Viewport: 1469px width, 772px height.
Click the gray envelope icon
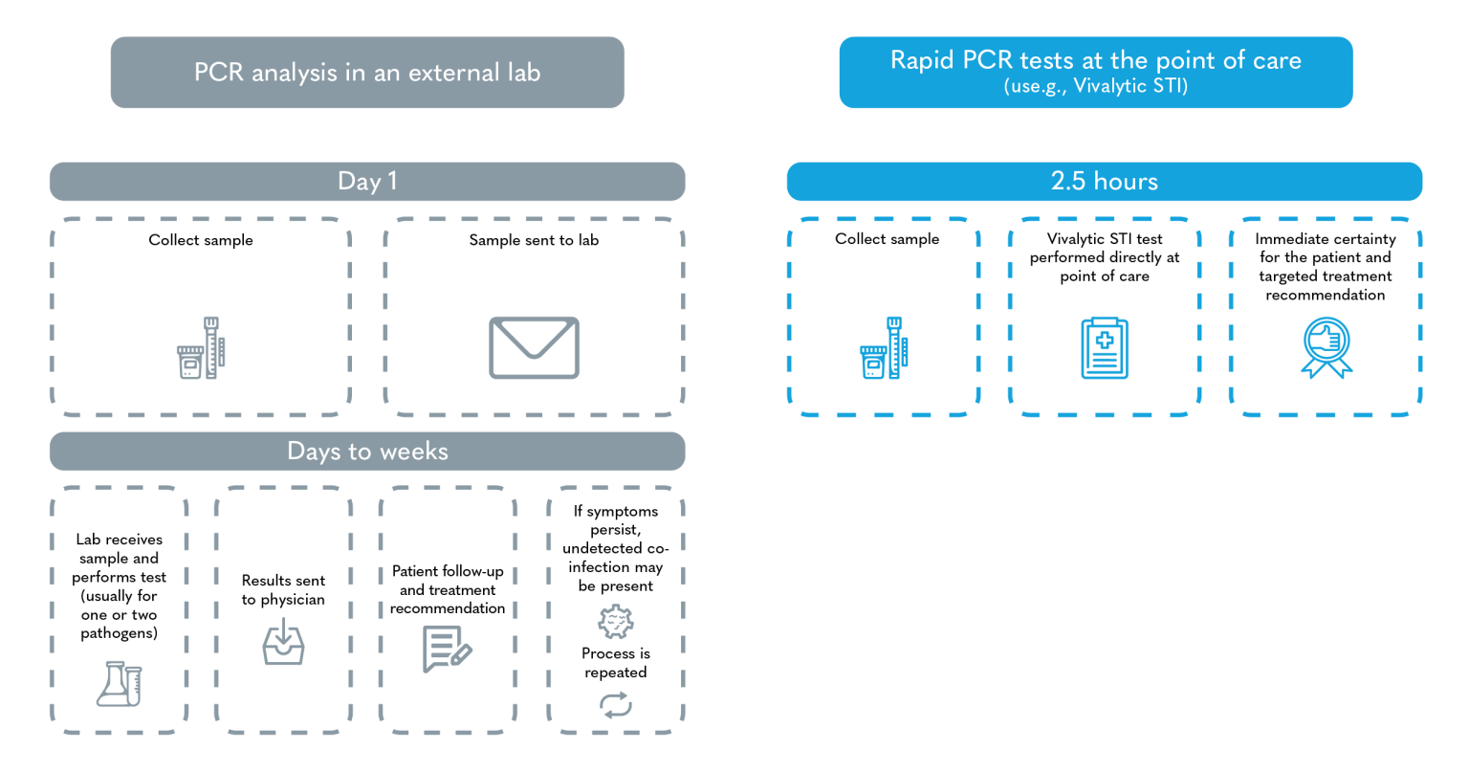pyautogui.click(x=534, y=347)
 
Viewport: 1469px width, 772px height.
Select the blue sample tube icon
pyautogui.click(x=884, y=348)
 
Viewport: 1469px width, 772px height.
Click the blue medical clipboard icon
pyautogui.click(x=1104, y=348)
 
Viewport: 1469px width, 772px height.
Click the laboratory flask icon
pyautogui.click(x=119, y=683)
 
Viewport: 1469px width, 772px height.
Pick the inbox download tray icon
pyautogui.click(x=284, y=641)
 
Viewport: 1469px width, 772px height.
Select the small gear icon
pyautogui.click(x=615, y=622)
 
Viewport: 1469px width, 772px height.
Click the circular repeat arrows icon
pyautogui.click(x=616, y=705)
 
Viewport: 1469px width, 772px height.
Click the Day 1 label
pyautogui.click(x=367, y=182)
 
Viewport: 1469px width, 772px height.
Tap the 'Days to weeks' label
pyautogui.click(x=367, y=452)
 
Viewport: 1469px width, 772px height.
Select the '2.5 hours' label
pyautogui.click(x=1104, y=182)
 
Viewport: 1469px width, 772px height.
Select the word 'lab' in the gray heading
pyautogui.click(x=522, y=73)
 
